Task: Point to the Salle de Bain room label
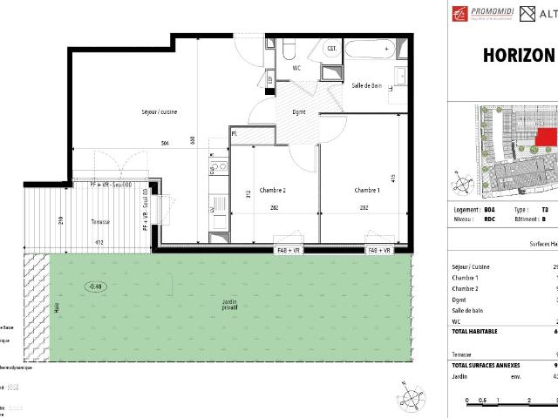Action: pos(367,85)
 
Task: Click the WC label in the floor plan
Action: pos(296,67)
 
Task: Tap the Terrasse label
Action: pos(101,222)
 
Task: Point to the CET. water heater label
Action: pos(332,49)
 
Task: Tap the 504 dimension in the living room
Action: pos(165,142)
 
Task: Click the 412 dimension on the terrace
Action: pos(99,242)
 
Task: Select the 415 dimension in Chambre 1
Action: pos(394,179)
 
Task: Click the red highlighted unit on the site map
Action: pos(546,137)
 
